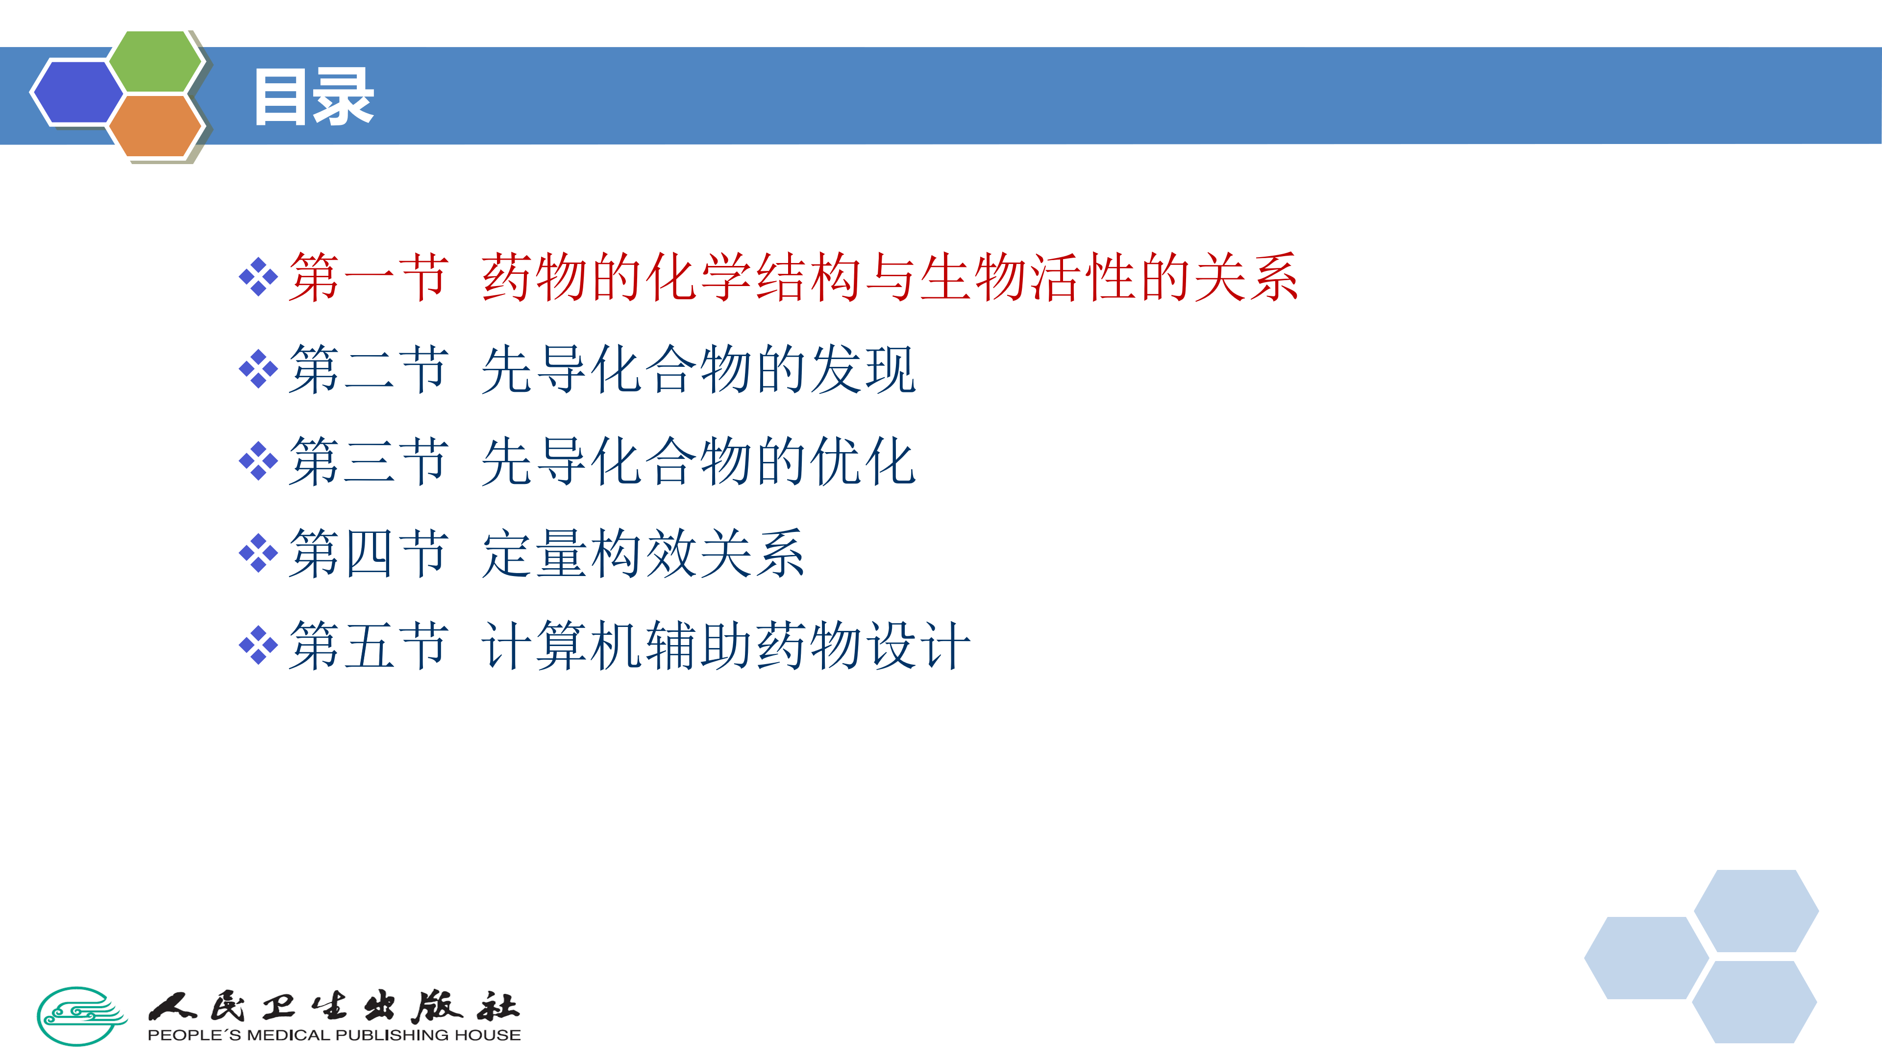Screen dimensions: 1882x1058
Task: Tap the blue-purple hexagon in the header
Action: point(77,92)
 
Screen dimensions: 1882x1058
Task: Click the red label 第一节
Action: point(368,277)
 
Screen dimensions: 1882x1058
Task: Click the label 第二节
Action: point(368,369)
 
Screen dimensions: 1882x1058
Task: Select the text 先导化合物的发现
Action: point(698,369)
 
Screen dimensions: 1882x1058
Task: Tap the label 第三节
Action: point(368,461)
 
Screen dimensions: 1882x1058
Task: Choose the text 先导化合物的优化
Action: point(698,461)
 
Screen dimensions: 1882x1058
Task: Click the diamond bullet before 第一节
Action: point(259,277)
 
